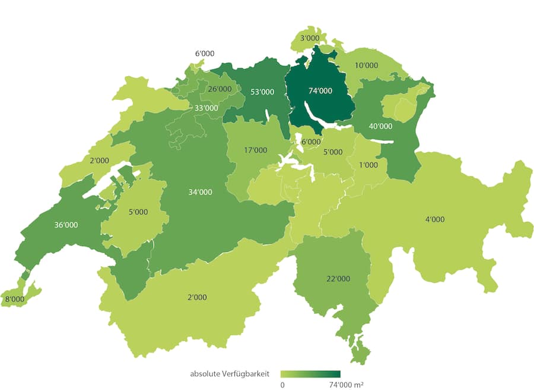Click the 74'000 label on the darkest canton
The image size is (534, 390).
[x=320, y=91]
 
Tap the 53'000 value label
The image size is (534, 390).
[x=262, y=92]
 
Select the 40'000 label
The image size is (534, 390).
[x=380, y=126]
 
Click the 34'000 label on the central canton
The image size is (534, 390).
[x=200, y=192]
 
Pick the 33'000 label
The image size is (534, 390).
[x=206, y=108]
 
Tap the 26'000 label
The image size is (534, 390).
[x=220, y=89]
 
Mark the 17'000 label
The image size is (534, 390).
[x=255, y=150]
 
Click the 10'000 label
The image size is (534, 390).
[x=366, y=65]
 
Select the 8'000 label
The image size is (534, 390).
[x=15, y=299]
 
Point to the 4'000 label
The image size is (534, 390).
[x=434, y=219]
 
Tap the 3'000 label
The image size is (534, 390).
[x=310, y=39]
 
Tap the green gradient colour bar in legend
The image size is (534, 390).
[x=310, y=374]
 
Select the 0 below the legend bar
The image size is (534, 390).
[x=282, y=385]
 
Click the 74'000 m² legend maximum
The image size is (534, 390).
[x=346, y=385]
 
